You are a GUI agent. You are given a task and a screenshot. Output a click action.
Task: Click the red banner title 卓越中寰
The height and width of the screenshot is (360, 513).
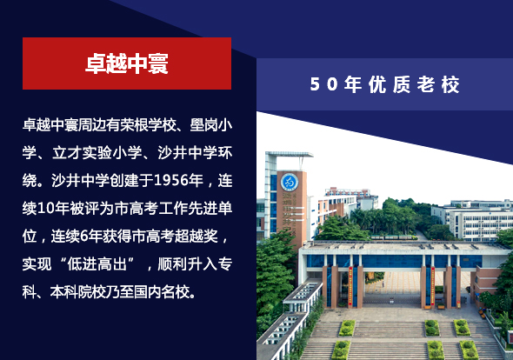click(127, 63)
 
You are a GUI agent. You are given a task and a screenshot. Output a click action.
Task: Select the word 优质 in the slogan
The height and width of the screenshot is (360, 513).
click(390, 84)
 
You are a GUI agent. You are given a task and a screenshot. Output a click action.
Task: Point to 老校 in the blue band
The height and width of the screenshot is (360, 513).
click(438, 84)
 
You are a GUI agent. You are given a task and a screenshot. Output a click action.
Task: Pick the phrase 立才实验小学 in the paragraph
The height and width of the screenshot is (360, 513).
click(97, 153)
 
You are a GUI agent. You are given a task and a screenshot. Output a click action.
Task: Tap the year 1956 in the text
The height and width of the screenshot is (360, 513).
click(171, 180)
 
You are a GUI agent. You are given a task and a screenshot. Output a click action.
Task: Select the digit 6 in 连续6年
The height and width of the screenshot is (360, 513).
click(84, 236)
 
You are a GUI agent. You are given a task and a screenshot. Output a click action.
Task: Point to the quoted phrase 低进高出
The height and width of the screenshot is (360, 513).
click(97, 263)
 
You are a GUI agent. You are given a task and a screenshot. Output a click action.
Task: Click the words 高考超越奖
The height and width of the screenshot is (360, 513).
click(181, 236)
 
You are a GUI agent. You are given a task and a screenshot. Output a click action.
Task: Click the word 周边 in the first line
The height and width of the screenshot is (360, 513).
click(92, 125)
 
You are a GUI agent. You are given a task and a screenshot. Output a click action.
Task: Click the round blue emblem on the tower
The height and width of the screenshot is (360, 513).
click(290, 183)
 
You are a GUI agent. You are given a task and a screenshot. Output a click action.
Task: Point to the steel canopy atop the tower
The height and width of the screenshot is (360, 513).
click(290, 155)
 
